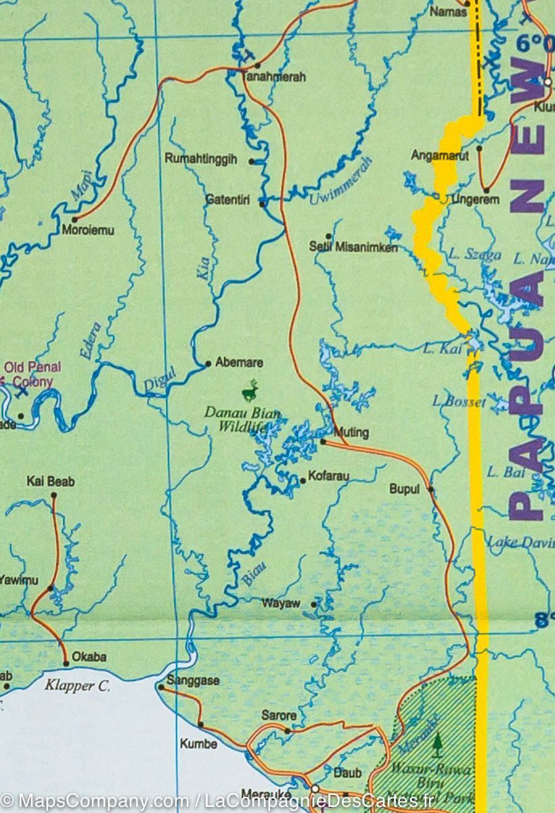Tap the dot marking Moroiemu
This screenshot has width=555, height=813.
[74, 220]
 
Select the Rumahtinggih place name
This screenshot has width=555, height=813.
[201, 159]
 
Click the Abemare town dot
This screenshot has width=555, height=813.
[208, 363]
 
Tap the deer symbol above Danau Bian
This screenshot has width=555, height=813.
[251, 390]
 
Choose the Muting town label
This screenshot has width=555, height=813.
[352, 432]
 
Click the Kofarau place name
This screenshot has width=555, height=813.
[328, 476]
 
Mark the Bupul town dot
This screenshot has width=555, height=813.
[430, 488]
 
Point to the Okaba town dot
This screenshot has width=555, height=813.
[66, 663]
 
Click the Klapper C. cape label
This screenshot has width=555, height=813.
[77, 686]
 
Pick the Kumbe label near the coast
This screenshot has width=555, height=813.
[198, 744]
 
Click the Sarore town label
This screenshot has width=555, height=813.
[279, 715]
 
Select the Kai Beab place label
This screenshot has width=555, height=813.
[51, 482]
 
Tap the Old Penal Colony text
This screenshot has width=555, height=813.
[28, 375]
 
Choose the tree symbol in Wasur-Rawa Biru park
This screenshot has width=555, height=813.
[437, 743]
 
